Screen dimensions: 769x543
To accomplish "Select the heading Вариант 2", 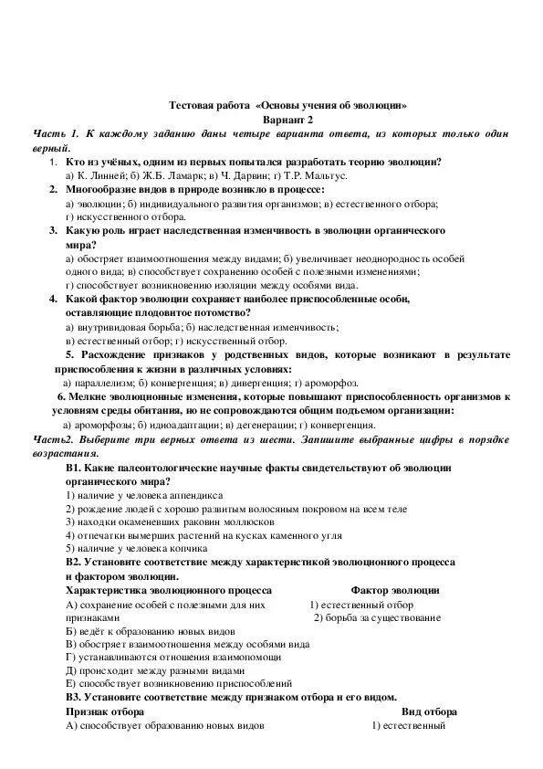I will click(x=287, y=120).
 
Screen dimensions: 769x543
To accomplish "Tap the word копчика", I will click(x=183, y=548).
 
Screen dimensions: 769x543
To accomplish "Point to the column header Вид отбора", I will click(x=429, y=711).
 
